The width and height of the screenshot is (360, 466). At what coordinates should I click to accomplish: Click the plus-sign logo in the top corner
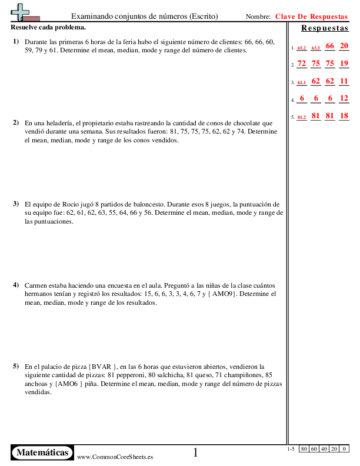click(x=22, y=11)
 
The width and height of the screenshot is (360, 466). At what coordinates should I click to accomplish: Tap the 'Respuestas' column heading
click(x=325, y=28)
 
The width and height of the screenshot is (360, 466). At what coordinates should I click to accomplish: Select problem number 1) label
click(x=15, y=42)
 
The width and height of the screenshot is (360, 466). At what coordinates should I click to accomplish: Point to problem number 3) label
click(x=15, y=204)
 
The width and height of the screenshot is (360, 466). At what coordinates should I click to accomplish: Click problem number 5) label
click(x=15, y=366)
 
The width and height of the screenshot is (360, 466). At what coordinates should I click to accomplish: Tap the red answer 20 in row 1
click(x=344, y=46)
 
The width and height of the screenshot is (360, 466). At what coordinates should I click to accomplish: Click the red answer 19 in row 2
click(x=344, y=64)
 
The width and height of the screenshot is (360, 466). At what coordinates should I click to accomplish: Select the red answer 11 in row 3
click(x=344, y=81)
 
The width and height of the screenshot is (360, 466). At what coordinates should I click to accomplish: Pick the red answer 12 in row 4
click(x=344, y=98)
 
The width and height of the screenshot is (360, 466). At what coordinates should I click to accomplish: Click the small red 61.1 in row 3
click(x=302, y=83)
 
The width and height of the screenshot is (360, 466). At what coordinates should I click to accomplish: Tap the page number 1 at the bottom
click(x=196, y=452)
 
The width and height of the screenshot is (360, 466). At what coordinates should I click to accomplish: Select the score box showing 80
click(x=304, y=450)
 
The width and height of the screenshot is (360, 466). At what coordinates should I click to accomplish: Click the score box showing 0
click(x=344, y=450)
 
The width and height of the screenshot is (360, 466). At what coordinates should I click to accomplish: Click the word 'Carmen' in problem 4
click(x=35, y=285)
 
